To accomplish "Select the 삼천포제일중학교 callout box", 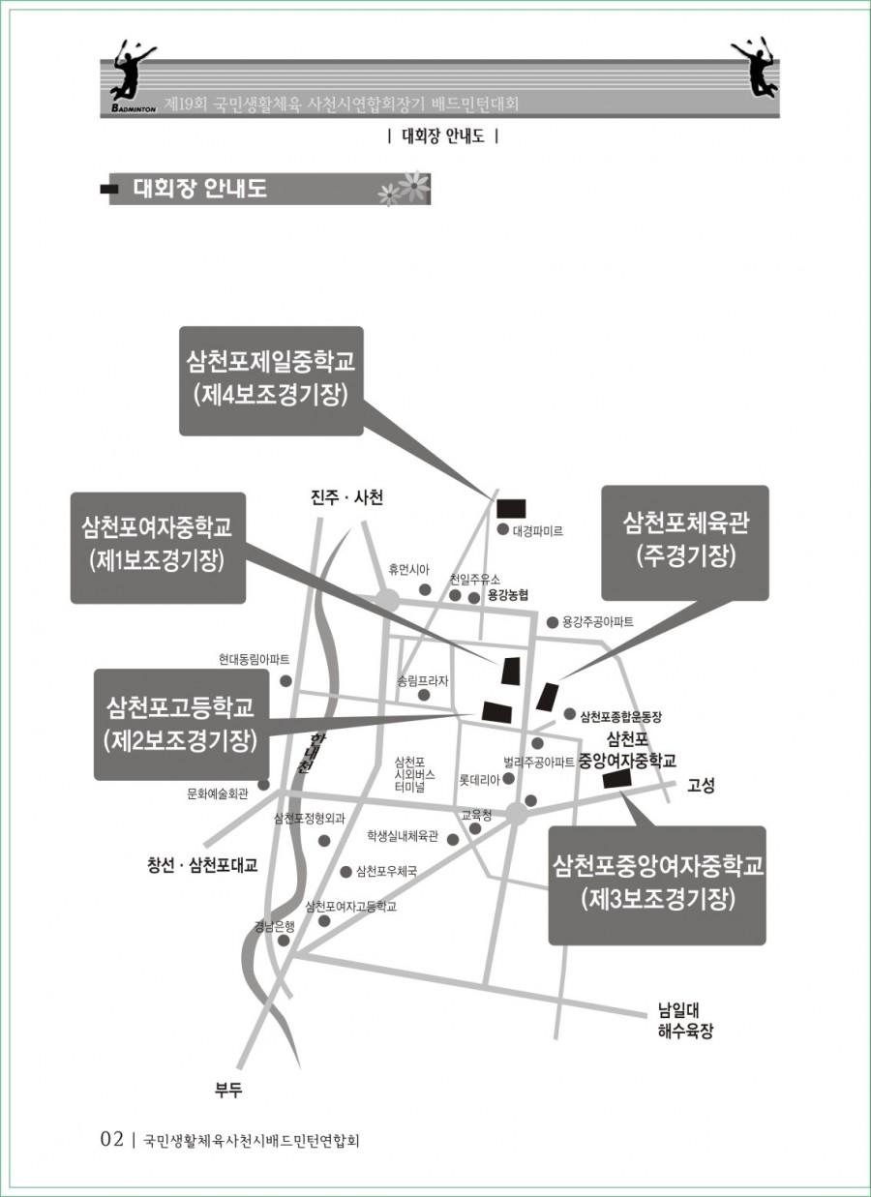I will pos(271,379).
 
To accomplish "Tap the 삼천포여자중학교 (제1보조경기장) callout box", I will pos(157,547).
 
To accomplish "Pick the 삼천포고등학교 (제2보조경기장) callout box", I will pos(180,723).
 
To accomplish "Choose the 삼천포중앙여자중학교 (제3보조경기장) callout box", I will pos(657,883).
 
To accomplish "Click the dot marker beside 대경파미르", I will pos(502,529).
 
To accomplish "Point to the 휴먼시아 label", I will pos(408,570).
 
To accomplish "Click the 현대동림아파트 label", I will pos(254,660).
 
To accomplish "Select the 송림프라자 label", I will pos(423,680).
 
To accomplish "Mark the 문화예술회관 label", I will pos(218,793).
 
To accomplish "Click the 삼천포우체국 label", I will pos(386,871).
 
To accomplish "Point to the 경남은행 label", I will pos(274,925).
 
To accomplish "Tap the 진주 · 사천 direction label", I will pos(346,497).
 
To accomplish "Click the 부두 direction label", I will pos(228,1091).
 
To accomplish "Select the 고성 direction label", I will pos(701,786).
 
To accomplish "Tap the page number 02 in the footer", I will pos(112,1139).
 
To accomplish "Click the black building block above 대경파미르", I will pos(510,508).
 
